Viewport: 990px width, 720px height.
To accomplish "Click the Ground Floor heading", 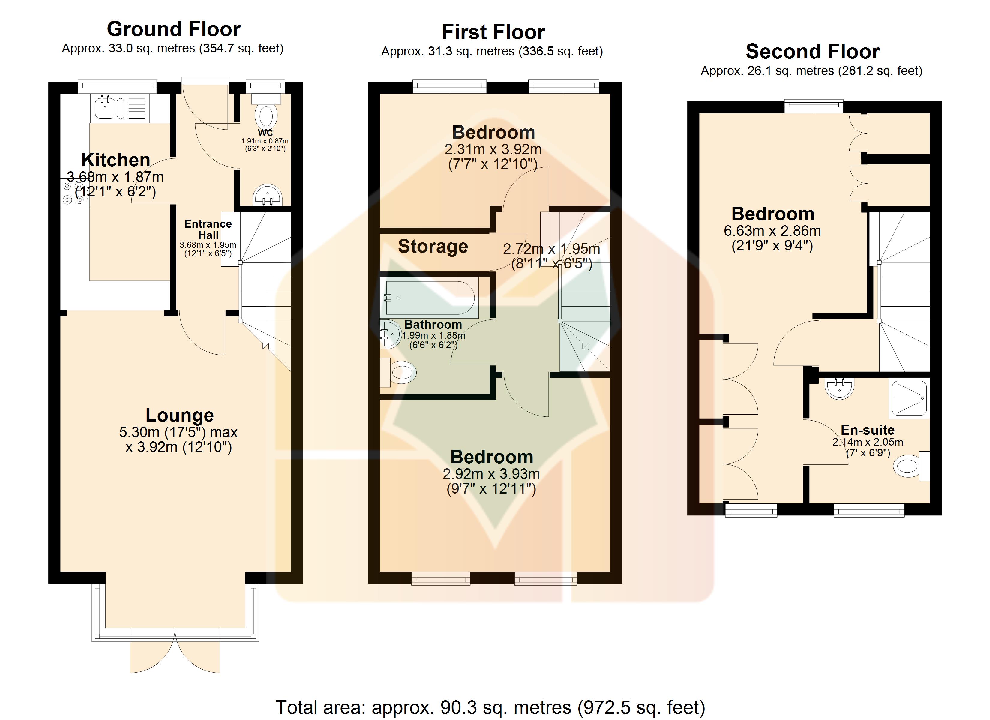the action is (174, 29).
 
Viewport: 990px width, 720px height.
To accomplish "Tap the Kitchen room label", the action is (116, 160).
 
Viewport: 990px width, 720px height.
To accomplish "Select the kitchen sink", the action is (105, 107).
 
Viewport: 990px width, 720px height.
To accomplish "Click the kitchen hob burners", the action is (73, 193).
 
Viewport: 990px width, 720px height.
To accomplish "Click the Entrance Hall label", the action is (208, 229).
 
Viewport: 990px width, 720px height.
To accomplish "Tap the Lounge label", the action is (179, 415).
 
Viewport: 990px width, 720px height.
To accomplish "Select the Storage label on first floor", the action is (433, 247).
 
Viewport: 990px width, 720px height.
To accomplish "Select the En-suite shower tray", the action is (909, 398).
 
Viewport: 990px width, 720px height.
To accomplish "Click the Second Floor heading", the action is (813, 52).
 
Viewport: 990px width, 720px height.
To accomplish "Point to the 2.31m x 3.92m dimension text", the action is (493, 149).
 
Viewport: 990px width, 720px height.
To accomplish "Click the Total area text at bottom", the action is (490, 707).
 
